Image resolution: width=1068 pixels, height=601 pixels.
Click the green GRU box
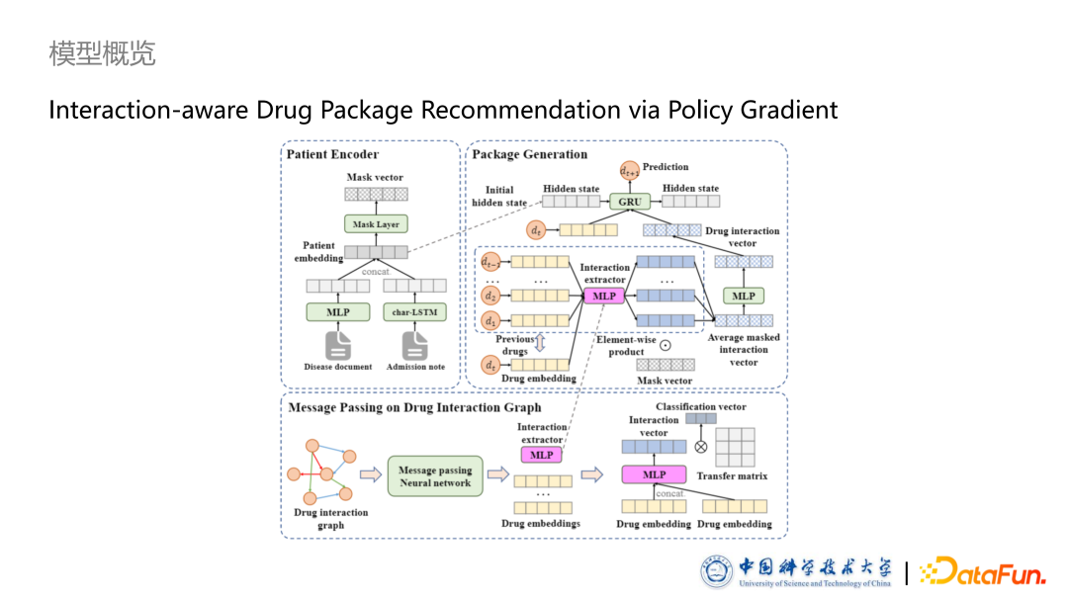coord(630,202)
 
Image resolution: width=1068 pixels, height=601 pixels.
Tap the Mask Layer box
coord(376,224)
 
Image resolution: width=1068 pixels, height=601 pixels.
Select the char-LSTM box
coord(414,312)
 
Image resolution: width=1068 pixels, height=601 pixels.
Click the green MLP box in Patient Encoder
coord(338,312)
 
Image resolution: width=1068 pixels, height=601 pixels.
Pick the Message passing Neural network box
coord(435,476)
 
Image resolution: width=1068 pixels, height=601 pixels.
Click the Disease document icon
coord(338,346)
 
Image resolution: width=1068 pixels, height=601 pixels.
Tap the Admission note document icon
coord(414,346)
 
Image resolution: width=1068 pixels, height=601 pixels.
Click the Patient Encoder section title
coord(332,154)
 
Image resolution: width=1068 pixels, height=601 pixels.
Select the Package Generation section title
coord(529,154)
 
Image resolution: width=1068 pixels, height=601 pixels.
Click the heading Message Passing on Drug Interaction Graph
coord(414,407)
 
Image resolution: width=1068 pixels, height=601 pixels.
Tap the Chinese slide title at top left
coord(103,53)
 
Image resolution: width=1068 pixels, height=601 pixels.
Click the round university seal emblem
coord(718,572)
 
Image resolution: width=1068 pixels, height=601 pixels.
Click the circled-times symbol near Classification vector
coord(701,447)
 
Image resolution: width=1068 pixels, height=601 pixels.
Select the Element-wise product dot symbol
coord(665,345)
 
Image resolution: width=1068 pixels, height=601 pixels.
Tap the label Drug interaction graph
coord(331,519)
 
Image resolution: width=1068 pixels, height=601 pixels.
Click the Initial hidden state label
coord(506,196)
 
